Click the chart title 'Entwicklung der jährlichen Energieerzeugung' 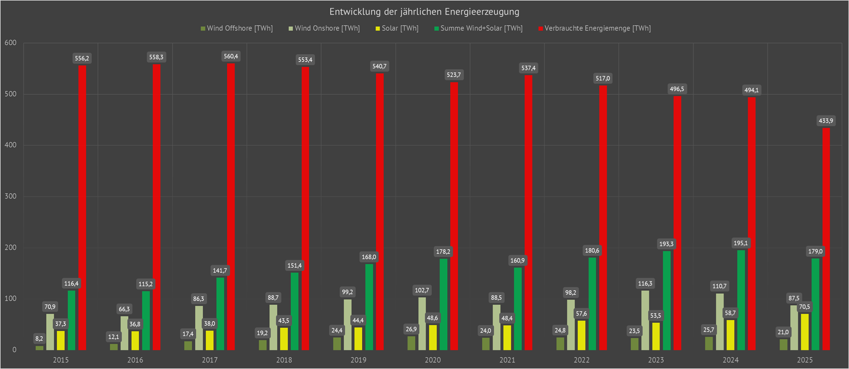[x=424, y=12]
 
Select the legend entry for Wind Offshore [x=236, y=29]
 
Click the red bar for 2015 [x=82, y=207]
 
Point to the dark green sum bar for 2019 [x=369, y=306]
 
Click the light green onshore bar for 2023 [x=645, y=320]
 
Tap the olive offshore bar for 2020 [x=411, y=343]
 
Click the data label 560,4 [x=231, y=57]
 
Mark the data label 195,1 [x=741, y=243]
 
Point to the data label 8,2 [x=39, y=339]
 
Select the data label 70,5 [x=804, y=307]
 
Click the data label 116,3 [x=645, y=284]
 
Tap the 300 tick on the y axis [x=11, y=196]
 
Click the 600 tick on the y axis [x=11, y=43]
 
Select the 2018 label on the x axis [x=284, y=360]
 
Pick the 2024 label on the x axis [x=731, y=360]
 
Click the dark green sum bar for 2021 [x=518, y=309]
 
